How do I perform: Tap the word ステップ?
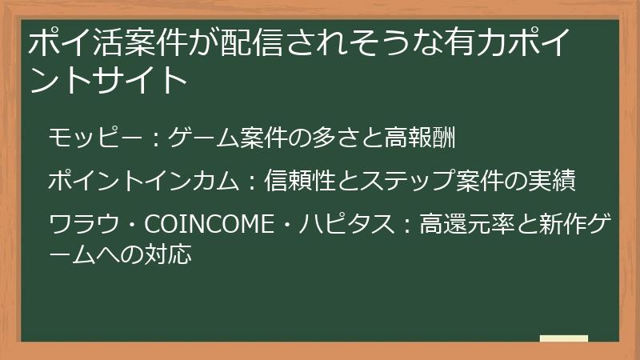click(x=396, y=181)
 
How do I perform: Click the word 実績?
click(x=553, y=181)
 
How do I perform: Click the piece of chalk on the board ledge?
click(x=563, y=339)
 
